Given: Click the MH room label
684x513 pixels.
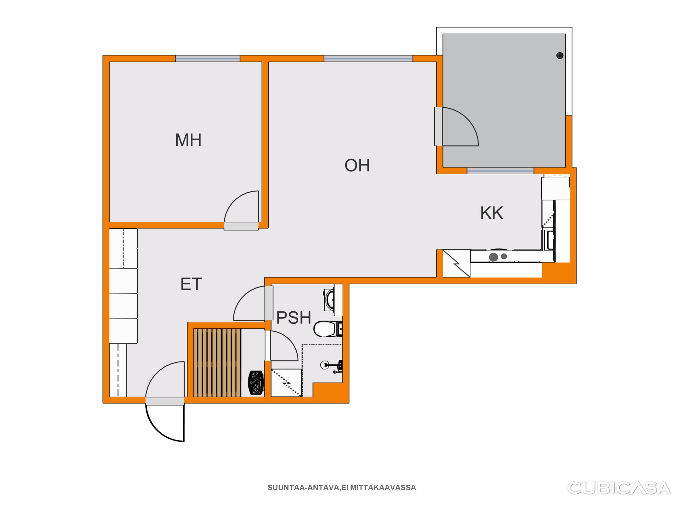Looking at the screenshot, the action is pyautogui.click(x=188, y=140).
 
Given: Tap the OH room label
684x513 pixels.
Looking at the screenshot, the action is pyautogui.click(x=357, y=165).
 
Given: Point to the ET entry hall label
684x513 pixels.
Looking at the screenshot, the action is pyautogui.click(x=191, y=284).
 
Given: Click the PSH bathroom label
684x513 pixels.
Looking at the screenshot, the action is pyautogui.click(x=293, y=318).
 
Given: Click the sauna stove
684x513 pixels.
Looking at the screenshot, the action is pyautogui.click(x=256, y=383).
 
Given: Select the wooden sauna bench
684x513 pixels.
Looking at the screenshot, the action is pyautogui.click(x=217, y=362).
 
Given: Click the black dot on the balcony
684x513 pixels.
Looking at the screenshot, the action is pyautogui.click(x=560, y=56).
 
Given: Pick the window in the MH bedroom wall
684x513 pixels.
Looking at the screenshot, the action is pyautogui.click(x=207, y=58).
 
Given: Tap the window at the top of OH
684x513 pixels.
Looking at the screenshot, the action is pyautogui.click(x=368, y=58).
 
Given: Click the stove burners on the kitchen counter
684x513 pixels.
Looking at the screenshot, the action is pyautogui.click(x=498, y=256).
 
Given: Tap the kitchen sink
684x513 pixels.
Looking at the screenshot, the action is pyautogui.click(x=549, y=240).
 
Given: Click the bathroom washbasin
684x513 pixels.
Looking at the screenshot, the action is pyautogui.click(x=330, y=300).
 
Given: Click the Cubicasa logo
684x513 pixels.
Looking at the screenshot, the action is pyautogui.click(x=619, y=488).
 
